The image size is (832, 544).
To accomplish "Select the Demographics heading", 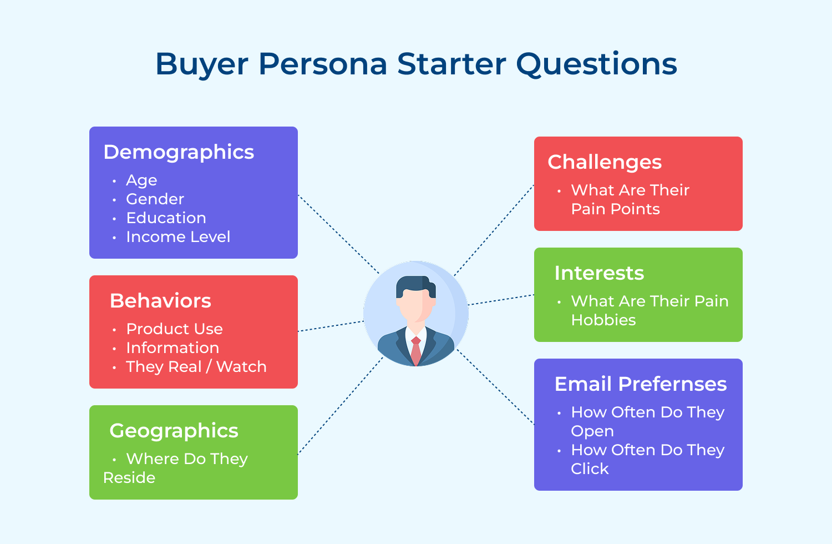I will coord(179,152).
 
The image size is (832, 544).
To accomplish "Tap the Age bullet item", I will coord(141,180).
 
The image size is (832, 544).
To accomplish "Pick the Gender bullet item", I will coord(155,199).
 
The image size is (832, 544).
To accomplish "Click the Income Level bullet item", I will coord(178,237).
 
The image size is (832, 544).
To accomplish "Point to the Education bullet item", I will coord(166,218).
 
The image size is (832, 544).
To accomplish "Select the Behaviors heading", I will coord(160,301).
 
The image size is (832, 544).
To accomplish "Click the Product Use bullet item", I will coord(174,329).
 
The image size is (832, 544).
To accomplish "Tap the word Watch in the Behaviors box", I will coord(241,367).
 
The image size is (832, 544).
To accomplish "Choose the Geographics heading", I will coord(174,431).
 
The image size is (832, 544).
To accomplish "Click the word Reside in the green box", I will coord(129,478).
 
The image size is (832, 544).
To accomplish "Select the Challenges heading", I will coord(605,162).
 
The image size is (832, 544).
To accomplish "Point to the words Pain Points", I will coord(615,209).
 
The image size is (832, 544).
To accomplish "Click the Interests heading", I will coord(599,273).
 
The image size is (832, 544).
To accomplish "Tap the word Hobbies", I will coord(603,320).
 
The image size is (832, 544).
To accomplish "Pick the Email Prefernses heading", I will coord(641,384).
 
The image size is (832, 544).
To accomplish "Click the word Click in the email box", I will coord(590,469).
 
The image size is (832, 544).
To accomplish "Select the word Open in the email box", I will coord(592,431).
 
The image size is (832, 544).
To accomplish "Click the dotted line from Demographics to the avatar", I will coord(338,234).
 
